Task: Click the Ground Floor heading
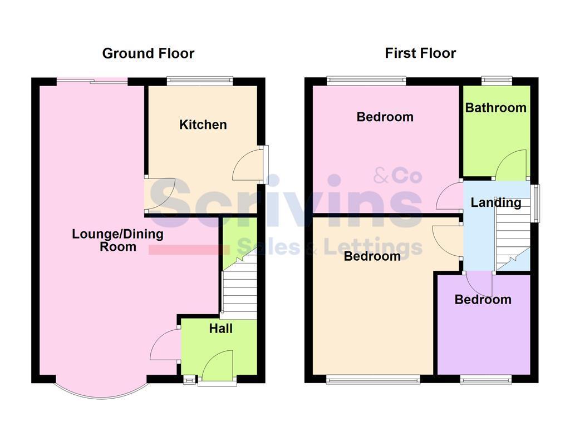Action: [x=148, y=53]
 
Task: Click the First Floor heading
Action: [x=420, y=53]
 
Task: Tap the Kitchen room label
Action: [x=203, y=125]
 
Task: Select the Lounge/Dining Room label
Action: [x=117, y=240]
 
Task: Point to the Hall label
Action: [x=221, y=329]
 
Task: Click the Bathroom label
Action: [x=495, y=107]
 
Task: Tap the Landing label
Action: [x=496, y=202]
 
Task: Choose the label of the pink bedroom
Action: [x=385, y=117]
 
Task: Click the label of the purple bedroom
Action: [x=483, y=300]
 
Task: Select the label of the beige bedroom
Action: [x=372, y=256]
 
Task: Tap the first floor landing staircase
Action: [x=512, y=239]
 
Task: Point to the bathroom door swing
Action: [x=510, y=165]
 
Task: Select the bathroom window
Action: [x=497, y=81]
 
